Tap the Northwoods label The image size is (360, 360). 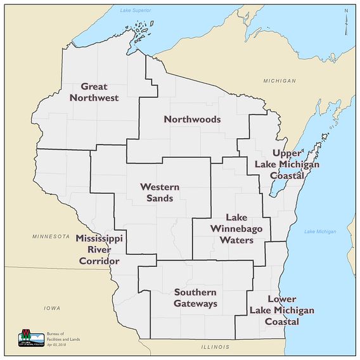(x=192, y=119)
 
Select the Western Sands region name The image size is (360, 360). (x=160, y=193)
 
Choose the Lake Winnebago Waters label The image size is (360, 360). (x=236, y=229)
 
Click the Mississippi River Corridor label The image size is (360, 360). (x=99, y=249)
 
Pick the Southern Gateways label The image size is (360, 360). (x=195, y=298)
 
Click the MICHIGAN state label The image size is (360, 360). (x=280, y=81)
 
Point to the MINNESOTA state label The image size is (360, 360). (x=51, y=236)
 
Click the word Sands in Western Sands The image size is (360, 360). (x=160, y=198)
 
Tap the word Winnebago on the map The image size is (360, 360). (x=236, y=229)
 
